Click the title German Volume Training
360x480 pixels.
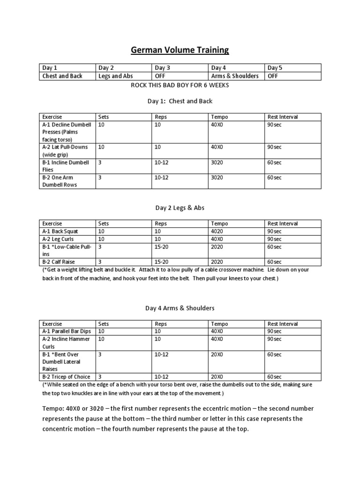[x=180, y=50]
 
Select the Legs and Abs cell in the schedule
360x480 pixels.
[x=116, y=76]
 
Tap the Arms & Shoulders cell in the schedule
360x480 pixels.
[x=235, y=76]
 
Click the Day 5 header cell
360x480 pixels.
[x=275, y=68]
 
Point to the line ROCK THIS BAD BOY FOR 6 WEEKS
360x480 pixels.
[x=180, y=86]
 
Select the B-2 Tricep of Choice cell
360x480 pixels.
[x=66, y=377]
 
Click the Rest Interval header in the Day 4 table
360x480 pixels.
[x=283, y=324]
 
